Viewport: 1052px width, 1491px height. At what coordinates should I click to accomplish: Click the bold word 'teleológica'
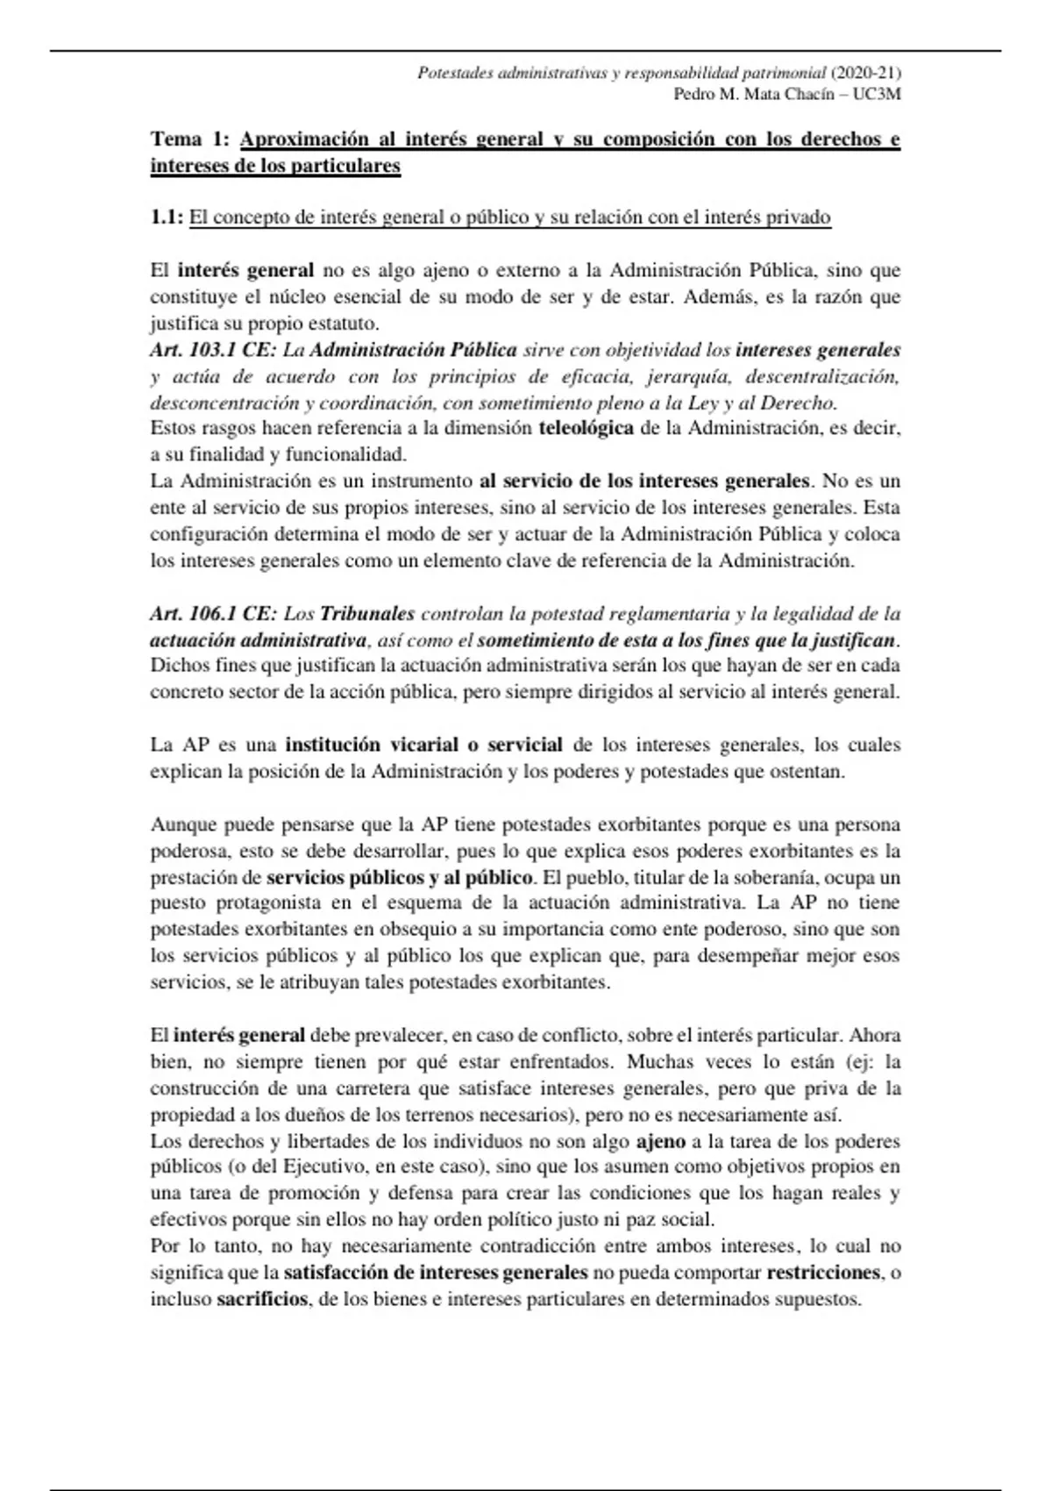(x=586, y=429)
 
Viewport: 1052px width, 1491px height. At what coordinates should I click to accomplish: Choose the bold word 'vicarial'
(x=416, y=745)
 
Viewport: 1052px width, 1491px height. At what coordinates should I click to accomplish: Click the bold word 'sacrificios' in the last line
(x=262, y=1299)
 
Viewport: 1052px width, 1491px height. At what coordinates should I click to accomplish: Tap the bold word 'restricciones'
(x=823, y=1273)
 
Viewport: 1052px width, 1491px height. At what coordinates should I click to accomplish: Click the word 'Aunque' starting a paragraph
(x=183, y=824)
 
